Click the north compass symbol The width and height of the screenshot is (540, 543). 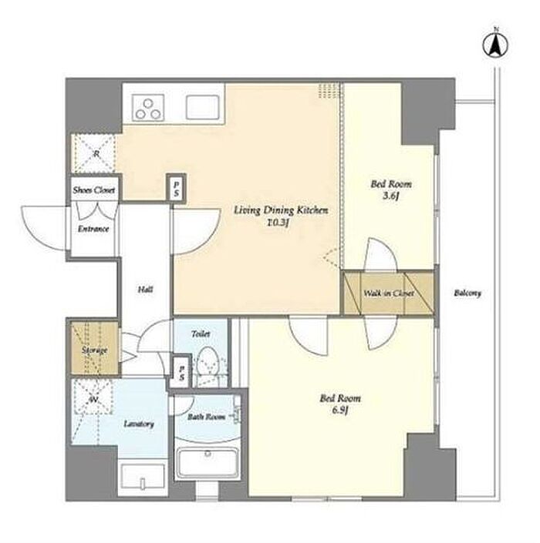pyautogui.click(x=495, y=45)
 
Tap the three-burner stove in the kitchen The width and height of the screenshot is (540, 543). pyautogui.click(x=148, y=109)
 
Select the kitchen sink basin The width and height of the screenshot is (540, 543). pyautogui.click(x=203, y=107)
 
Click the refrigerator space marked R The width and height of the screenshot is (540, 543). pyautogui.click(x=95, y=153)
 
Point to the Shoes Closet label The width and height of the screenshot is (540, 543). pyautogui.click(x=93, y=190)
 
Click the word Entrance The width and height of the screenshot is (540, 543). pyautogui.click(x=93, y=229)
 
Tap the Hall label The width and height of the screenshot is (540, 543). pyautogui.click(x=145, y=290)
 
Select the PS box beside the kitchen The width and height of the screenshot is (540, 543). pyautogui.click(x=176, y=188)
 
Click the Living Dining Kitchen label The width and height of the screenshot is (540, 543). pyautogui.click(x=281, y=210)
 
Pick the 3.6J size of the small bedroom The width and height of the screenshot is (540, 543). pyautogui.click(x=391, y=196)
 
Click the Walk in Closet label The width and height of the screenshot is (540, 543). pyautogui.click(x=389, y=293)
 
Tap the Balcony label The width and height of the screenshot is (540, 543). pyautogui.click(x=467, y=293)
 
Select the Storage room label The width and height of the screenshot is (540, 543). pyautogui.click(x=94, y=350)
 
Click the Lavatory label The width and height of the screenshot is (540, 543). pyautogui.click(x=139, y=424)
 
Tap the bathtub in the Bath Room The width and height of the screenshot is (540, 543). pyautogui.click(x=207, y=464)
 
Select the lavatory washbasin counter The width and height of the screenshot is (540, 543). pyautogui.click(x=143, y=479)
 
